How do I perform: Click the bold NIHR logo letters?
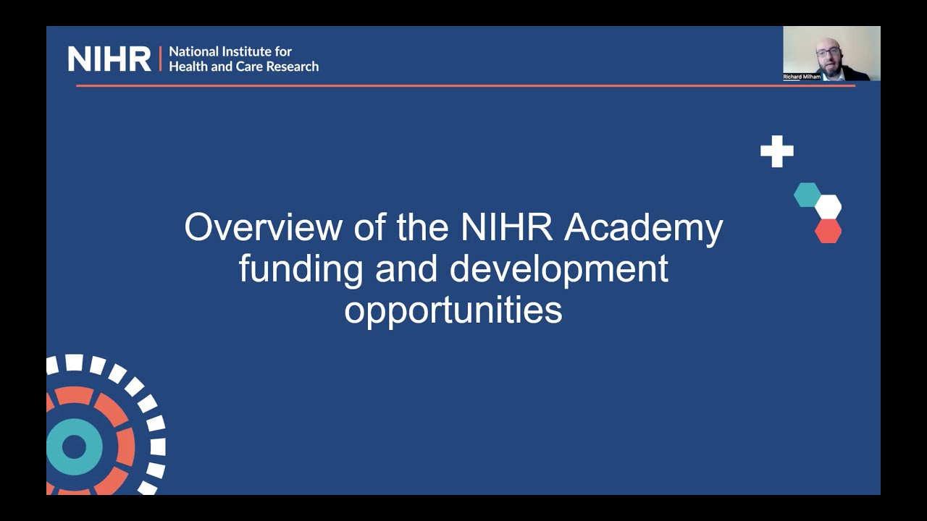[x=109, y=59]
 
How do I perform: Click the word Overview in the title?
[x=263, y=227]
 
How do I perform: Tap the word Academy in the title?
[x=643, y=229]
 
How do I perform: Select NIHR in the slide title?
[x=506, y=227]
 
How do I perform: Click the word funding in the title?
[x=301, y=269]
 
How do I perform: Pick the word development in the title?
[x=558, y=269]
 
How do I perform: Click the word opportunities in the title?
[x=453, y=310]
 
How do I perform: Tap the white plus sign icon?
[x=777, y=151]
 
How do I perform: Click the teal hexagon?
[x=807, y=195]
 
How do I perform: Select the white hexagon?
[x=828, y=207]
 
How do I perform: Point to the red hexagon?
[x=828, y=231]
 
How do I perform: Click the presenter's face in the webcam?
[x=829, y=54]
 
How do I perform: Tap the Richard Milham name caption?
[x=802, y=77]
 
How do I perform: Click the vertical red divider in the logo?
[x=160, y=59]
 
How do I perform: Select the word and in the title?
[x=407, y=269]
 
